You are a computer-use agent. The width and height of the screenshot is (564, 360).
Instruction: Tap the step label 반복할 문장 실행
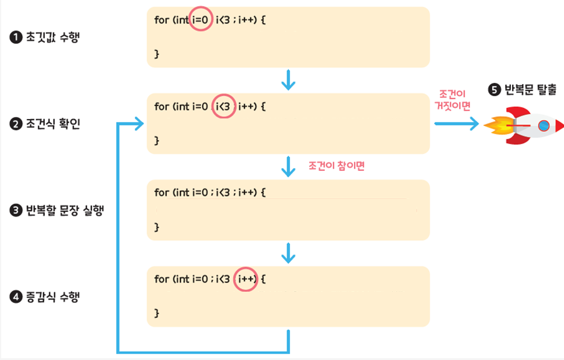[x=65, y=210]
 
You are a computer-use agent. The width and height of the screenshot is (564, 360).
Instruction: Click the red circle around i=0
[x=201, y=20]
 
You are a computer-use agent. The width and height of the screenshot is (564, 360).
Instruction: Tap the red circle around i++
[x=245, y=279]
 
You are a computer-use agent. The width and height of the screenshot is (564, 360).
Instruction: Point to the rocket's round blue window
[x=543, y=124]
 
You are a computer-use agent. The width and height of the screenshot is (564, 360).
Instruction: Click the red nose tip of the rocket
[x=559, y=124]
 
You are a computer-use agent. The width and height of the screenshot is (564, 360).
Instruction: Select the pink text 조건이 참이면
[x=337, y=166]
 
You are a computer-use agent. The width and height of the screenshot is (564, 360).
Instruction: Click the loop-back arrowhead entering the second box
[x=139, y=124]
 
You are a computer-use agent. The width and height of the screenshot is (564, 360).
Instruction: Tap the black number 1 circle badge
[x=15, y=38]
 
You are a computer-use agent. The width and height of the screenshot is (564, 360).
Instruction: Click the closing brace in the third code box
[x=156, y=226]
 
